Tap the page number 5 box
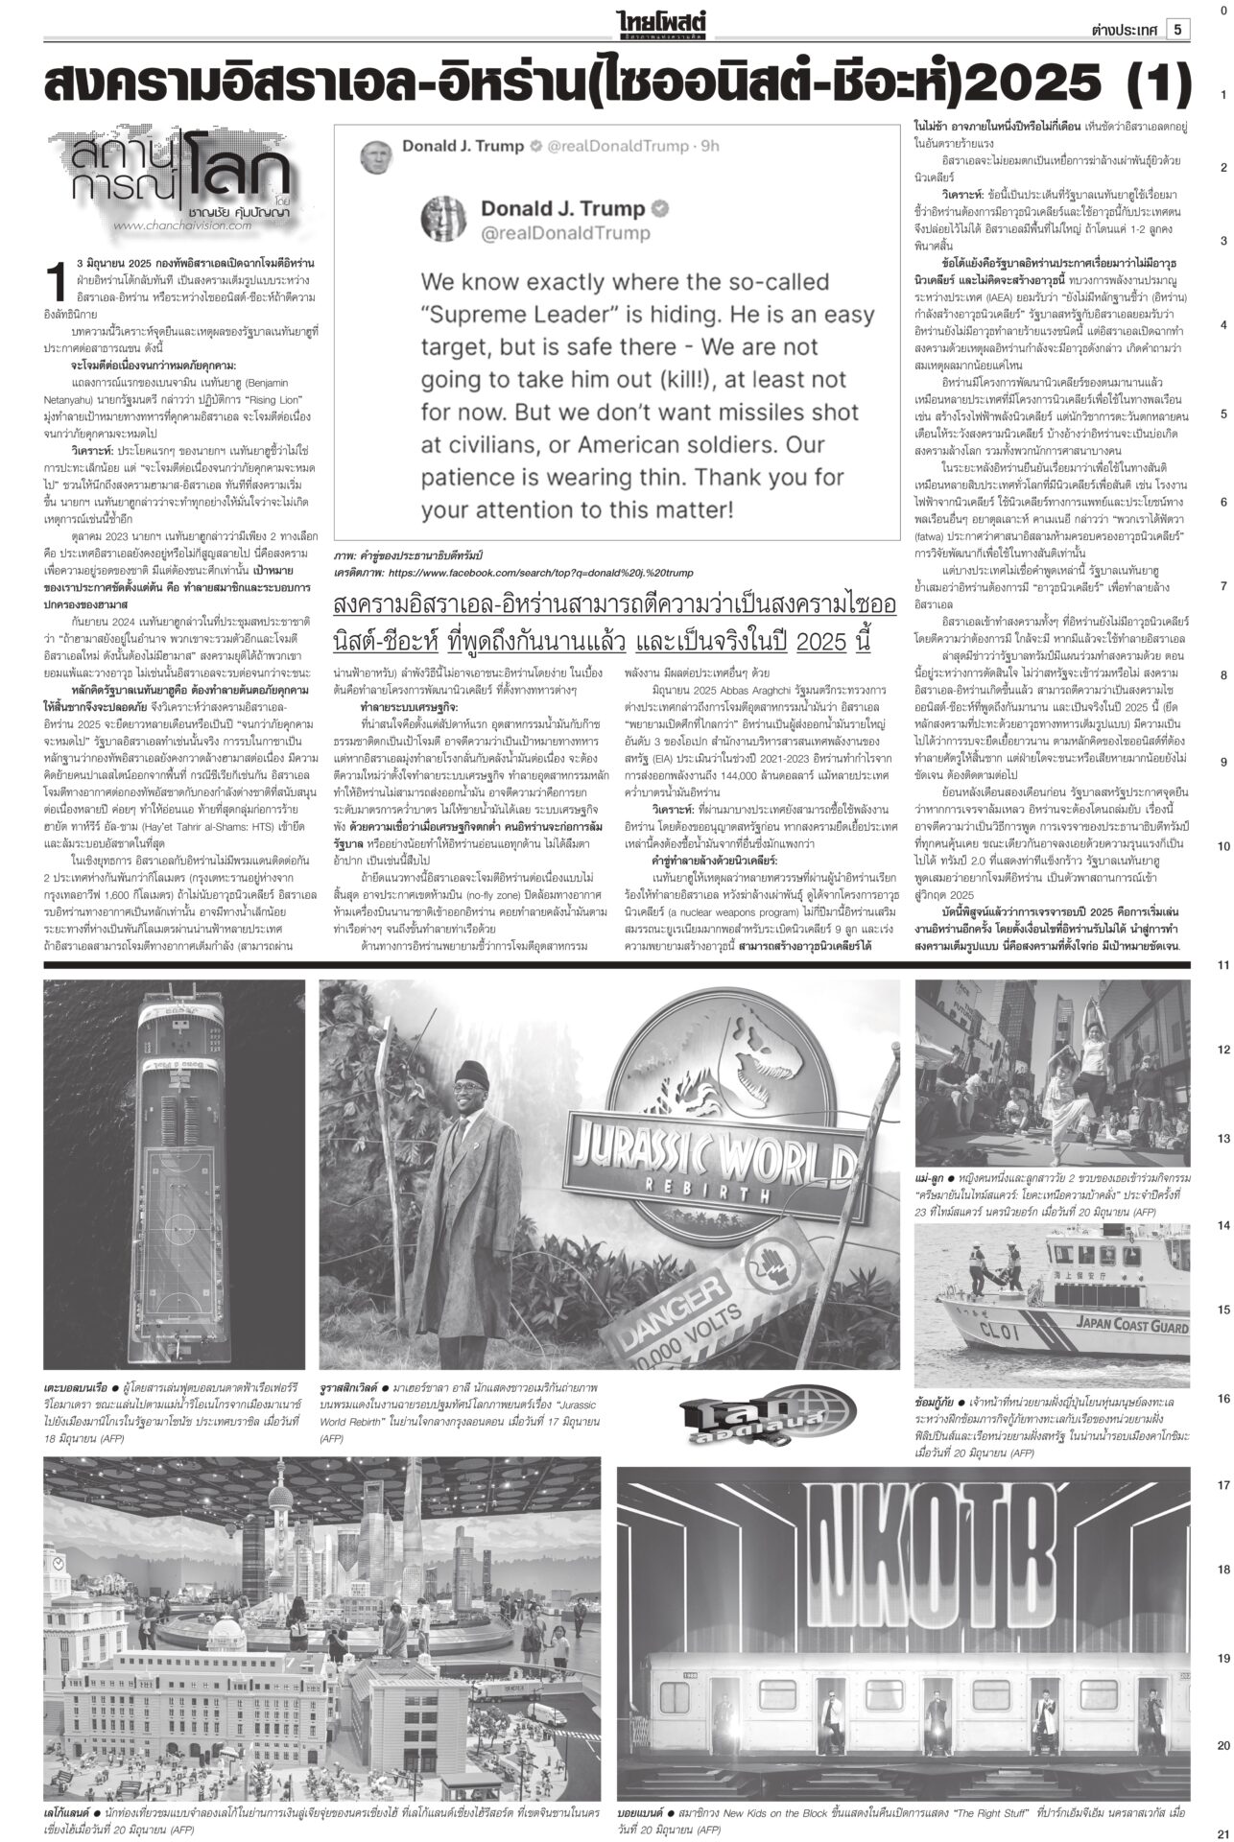pyautogui.click(x=1177, y=29)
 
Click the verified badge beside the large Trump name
pyautogui.click(x=661, y=209)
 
